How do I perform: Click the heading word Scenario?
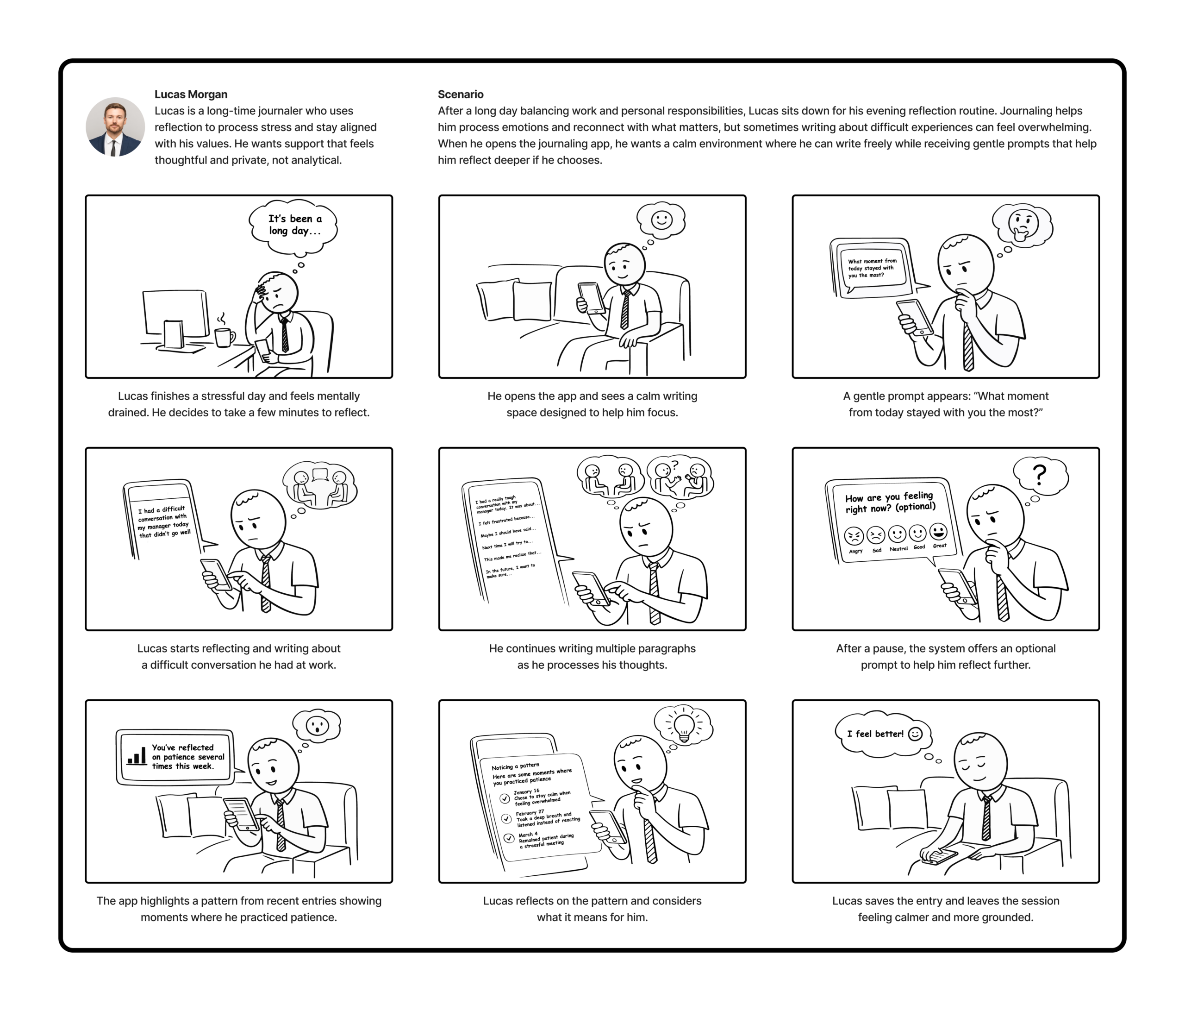tap(461, 94)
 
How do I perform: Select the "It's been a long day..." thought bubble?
tap(293, 226)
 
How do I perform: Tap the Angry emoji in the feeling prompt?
tap(854, 535)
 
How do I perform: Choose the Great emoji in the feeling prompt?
tap(938, 532)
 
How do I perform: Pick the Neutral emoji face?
tap(897, 534)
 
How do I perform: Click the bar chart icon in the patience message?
tap(136, 755)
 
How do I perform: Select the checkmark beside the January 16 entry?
tap(505, 798)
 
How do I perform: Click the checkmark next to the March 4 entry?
tap(508, 839)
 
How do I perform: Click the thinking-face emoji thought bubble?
tap(1023, 226)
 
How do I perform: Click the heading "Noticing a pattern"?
tap(515, 766)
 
